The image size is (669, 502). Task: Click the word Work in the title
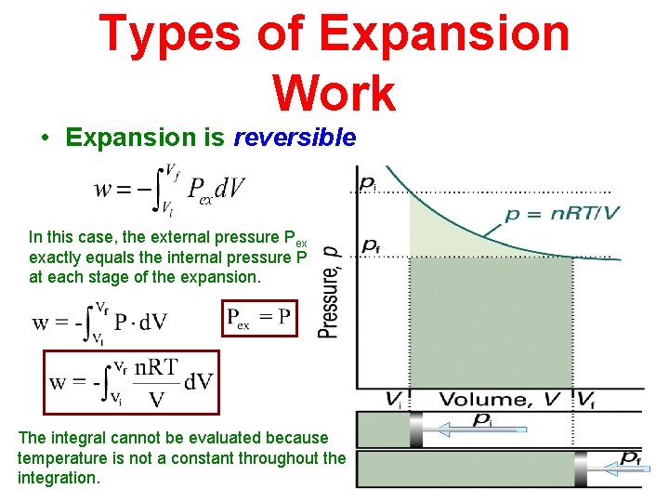[x=334, y=93]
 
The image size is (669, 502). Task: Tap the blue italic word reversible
[x=295, y=139]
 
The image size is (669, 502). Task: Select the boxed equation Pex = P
[x=259, y=319]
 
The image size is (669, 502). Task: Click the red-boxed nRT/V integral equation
[x=131, y=381]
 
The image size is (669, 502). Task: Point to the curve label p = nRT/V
[x=562, y=215]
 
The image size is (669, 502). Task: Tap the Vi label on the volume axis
[x=395, y=400]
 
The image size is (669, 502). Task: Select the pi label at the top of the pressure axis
[x=368, y=183]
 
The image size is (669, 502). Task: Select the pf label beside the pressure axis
[x=370, y=245]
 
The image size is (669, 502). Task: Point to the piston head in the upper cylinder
[x=416, y=430]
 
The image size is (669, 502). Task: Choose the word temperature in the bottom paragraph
[x=59, y=457]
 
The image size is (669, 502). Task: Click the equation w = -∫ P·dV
[x=99, y=321]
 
